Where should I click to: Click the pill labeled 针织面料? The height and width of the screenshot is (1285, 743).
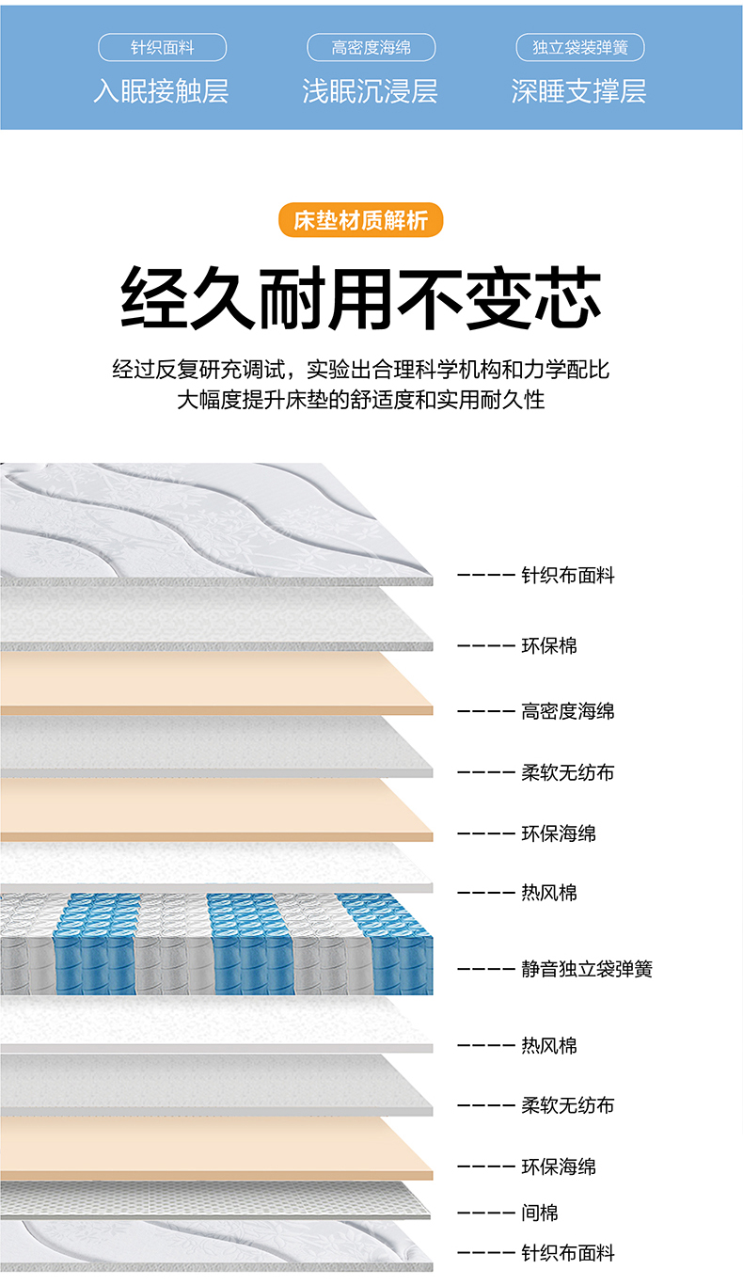(162, 48)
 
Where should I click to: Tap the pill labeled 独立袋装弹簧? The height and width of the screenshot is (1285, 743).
(580, 48)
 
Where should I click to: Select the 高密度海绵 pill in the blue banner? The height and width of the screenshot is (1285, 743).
(371, 48)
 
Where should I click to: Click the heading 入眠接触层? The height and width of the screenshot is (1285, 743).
(161, 91)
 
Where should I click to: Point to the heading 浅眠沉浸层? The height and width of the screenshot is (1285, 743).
(370, 91)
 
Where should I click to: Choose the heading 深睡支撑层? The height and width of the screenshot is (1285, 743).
(578, 91)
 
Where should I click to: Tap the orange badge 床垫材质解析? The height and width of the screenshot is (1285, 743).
(360, 220)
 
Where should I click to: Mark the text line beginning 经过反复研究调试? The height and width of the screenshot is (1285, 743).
(361, 369)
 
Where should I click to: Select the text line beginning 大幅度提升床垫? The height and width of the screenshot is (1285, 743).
(361, 399)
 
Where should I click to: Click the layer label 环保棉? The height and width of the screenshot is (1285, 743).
(549, 645)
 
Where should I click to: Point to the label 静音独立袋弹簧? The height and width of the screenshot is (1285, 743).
(587, 968)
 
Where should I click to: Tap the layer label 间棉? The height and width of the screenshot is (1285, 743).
(540, 1214)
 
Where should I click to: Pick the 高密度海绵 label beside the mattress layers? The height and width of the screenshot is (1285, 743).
(568, 711)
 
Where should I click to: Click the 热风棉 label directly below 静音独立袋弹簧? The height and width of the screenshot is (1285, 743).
(549, 1045)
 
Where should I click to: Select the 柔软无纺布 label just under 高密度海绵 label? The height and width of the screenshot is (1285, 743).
(568, 772)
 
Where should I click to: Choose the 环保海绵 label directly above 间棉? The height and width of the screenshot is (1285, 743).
(559, 1166)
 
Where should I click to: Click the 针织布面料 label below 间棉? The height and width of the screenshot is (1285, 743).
(568, 1253)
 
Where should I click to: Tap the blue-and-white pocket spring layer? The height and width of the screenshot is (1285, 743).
(216, 944)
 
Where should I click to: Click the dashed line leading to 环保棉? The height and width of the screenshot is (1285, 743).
(485, 646)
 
